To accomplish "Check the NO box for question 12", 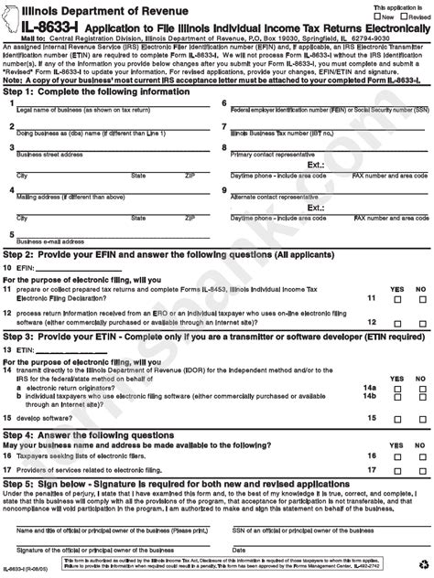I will [x=421, y=323].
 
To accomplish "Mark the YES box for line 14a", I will [x=396, y=388].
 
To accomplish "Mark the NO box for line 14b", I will [x=421, y=396].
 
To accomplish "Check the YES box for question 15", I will [x=396, y=416].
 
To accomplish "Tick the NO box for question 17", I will [x=421, y=468].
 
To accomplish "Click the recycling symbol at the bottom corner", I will [x=420, y=567].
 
